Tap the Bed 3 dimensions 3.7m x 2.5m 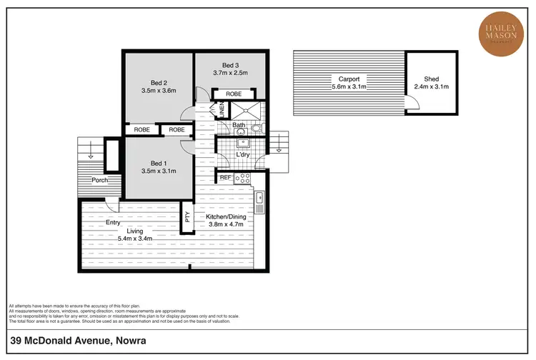pos(231,73)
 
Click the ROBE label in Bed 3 pos(234,94)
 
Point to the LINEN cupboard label pos(222,111)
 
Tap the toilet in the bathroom pos(257,130)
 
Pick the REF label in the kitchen pos(225,178)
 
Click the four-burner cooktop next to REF pos(244,178)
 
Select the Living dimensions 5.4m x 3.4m pos(136,239)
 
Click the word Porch pos(99,180)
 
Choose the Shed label pos(431,79)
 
